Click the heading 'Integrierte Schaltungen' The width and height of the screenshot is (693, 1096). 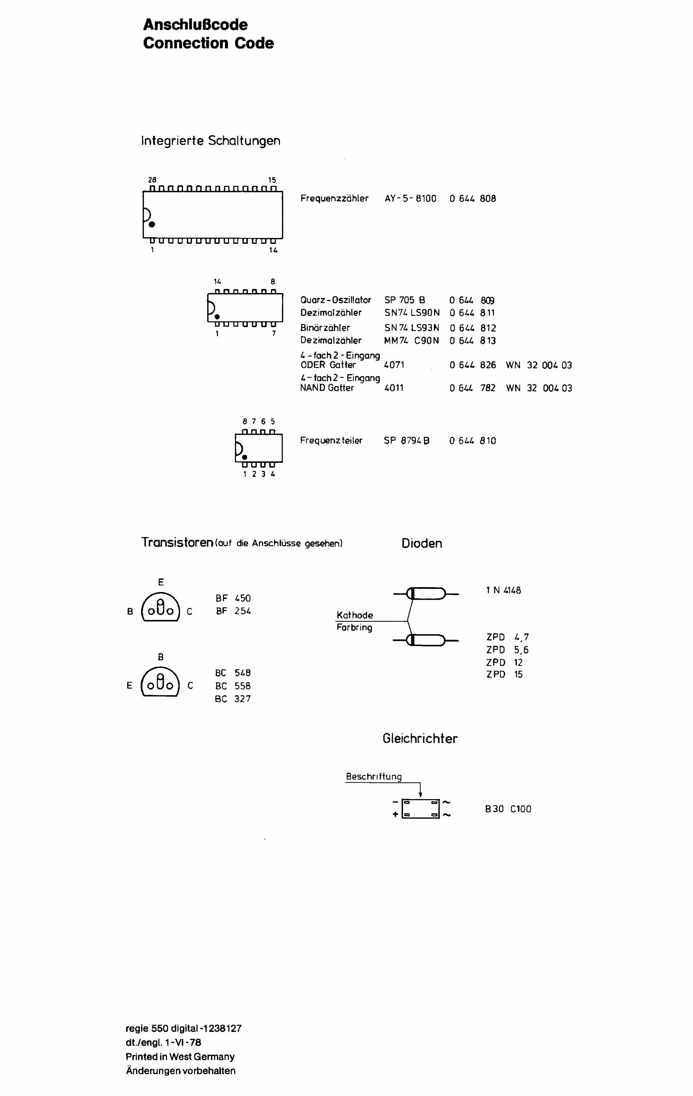click(210, 141)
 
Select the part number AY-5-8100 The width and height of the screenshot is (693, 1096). click(410, 198)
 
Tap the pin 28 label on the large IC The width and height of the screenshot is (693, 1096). click(152, 180)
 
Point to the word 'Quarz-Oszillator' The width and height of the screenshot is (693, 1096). click(335, 300)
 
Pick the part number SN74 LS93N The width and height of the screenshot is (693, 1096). click(412, 328)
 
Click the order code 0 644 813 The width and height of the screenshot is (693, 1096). click(473, 341)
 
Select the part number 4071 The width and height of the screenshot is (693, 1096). click(394, 365)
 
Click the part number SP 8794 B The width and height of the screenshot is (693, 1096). click(406, 441)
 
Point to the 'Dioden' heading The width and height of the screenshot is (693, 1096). click(422, 543)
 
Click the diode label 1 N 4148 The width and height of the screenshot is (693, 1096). click(503, 590)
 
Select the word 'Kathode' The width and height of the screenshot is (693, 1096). click(355, 615)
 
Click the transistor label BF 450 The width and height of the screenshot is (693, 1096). click(233, 598)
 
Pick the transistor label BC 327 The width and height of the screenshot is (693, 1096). click(233, 699)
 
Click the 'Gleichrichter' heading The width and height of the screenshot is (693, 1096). click(420, 738)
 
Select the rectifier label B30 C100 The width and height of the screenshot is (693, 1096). click(508, 809)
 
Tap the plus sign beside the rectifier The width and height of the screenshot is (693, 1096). click(395, 814)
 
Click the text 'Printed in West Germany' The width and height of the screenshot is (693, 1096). click(180, 1057)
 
